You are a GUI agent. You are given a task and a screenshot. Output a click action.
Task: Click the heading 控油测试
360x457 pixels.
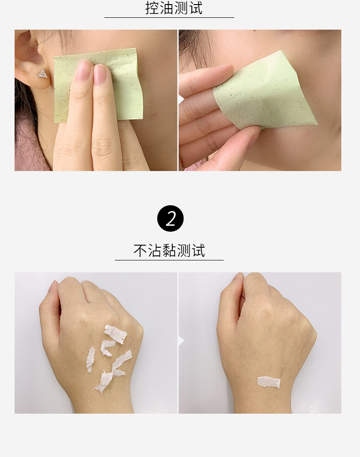pyautogui.click(x=174, y=8)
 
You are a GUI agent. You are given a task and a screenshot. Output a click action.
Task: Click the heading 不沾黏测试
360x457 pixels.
pyautogui.click(x=169, y=250)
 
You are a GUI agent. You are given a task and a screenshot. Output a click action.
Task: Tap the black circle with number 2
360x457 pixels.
pyautogui.click(x=170, y=218)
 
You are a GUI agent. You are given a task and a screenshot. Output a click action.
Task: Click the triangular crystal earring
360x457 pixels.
pyautogui.click(x=42, y=73)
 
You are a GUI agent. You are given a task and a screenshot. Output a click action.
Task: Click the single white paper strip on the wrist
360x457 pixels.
pyautogui.click(x=268, y=382)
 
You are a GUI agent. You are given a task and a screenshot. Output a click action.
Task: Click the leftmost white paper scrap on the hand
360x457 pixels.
pyautogui.click(x=91, y=360)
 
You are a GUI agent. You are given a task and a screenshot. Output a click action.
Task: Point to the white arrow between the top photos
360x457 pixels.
pyautogui.click(x=181, y=99)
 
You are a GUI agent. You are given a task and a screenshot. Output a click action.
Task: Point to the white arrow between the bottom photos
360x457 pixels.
pyautogui.click(x=181, y=340)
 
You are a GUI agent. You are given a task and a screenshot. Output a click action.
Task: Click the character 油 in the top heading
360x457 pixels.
pyautogui.click(x=166, y=8)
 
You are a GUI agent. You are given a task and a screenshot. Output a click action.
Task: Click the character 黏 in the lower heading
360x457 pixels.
pyautogui.click(x=169, y=250)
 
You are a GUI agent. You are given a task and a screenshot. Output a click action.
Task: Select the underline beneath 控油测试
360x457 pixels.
pyautogui.click(x=169, y=17)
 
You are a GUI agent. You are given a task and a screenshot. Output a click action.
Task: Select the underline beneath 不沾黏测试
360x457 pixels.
pyautogui.click(x=169, y=260)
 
